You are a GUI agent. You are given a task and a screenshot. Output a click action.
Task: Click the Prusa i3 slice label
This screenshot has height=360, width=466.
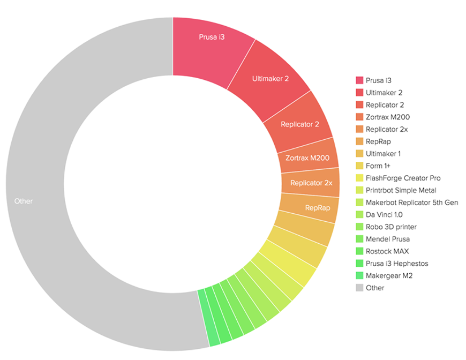point(211,37)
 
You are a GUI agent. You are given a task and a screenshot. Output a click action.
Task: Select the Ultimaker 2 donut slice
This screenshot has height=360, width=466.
point(270,78)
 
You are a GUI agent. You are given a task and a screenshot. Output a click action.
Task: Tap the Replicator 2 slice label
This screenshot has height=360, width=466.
point(300,124)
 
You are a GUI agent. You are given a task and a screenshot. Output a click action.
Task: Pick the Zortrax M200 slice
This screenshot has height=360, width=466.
point(307,157)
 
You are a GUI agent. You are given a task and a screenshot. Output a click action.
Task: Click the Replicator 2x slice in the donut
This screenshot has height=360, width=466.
point(311,183)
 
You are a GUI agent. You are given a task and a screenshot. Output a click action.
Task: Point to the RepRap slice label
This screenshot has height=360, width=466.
point(317,207)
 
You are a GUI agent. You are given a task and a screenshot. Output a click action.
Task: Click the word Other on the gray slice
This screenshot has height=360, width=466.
point(24,201)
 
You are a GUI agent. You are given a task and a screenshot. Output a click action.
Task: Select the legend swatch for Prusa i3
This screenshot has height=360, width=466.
point(359,80)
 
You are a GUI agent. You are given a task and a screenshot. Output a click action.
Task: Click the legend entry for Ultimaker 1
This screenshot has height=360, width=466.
point(384,154)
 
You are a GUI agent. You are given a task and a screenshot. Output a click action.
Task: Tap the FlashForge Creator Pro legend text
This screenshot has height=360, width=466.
point(403,178)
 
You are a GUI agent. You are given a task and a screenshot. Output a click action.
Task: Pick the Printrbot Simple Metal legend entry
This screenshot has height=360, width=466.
point(401,190)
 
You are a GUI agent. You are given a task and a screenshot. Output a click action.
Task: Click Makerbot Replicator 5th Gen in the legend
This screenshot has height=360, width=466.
point(411,202)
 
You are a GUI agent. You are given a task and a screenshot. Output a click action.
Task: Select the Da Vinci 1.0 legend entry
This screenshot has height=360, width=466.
point(384,214)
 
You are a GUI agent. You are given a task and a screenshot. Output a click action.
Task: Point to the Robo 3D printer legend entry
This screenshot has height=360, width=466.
point(391,227)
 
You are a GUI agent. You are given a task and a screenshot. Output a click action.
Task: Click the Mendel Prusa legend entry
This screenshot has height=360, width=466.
point(388,239)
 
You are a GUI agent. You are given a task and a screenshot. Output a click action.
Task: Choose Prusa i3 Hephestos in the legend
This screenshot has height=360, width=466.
point(397,263)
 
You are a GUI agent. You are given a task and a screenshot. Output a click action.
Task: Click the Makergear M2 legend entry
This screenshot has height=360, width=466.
point(389,275)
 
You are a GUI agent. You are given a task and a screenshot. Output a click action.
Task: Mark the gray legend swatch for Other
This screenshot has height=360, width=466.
point(359,288)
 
